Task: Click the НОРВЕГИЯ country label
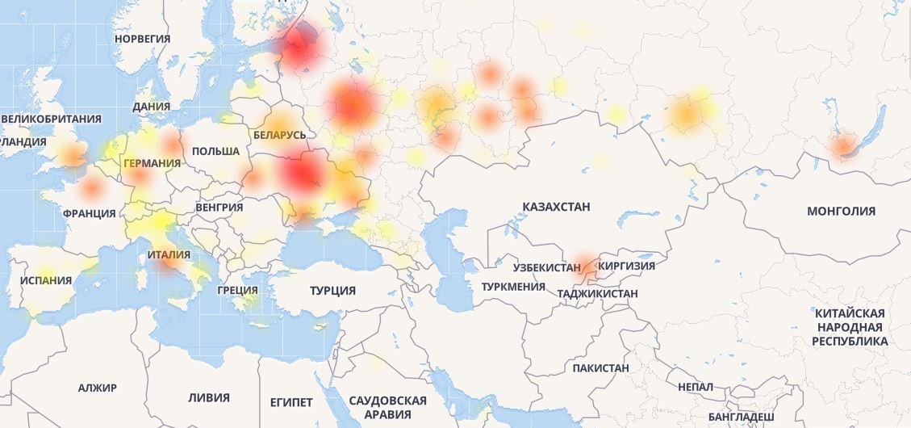point(142,38)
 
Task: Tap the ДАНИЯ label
point(151,106)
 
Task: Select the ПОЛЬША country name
point(215,151)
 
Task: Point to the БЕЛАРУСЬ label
point(279,135)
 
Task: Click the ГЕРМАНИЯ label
point(152,163)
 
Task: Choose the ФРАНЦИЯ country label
point(89,213)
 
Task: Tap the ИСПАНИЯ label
point(45,281)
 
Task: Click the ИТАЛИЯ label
point(169,255)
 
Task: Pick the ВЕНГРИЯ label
point(219,207)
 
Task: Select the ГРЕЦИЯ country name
point(237,290)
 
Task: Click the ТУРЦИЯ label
point(332,291)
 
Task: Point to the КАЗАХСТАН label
point(556,207)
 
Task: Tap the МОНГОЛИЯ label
point(841,211)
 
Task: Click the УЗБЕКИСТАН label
point(546,267)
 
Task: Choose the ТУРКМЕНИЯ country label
point(513,287)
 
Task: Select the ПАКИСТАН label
point(600,368)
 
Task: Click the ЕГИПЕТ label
point(291,401)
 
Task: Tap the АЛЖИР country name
point(98,388)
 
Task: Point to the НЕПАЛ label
point(696,388)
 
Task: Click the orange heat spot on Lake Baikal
point(843,146)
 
